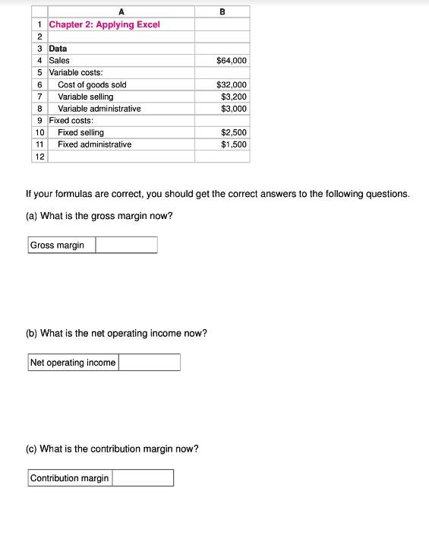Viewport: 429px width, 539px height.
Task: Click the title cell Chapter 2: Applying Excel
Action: tap(105, 24)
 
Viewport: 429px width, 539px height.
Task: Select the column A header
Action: tap(121, 11)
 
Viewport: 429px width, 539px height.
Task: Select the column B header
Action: tap(222, 11)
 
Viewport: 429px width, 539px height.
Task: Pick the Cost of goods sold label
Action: tap(92, 84)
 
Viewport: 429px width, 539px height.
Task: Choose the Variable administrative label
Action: tap(99, 109)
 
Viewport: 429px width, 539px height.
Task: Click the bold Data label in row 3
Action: tap(58, 49)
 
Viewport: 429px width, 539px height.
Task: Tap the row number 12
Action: tap(39, 156)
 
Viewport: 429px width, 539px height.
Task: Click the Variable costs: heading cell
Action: tap(76, 72)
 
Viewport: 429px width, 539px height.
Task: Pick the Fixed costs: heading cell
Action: tap(71, 120)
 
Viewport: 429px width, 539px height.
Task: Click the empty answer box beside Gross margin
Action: tap(126, 245)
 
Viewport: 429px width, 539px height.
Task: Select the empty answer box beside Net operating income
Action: tap(149, 363)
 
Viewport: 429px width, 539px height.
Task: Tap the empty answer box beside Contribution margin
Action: tap(143, 478)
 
